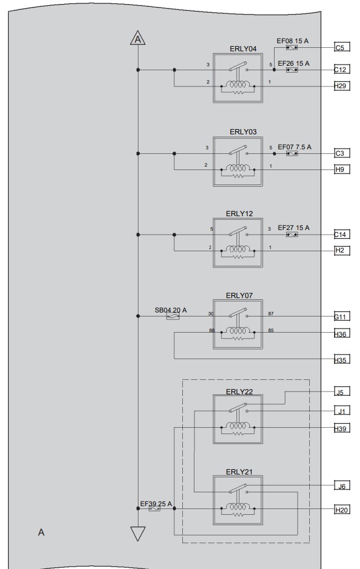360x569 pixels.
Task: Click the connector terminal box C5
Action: click(x=342, y=47)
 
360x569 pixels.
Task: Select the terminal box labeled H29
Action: click(x=342, y=86)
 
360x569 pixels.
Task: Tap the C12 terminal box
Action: click(x=342, y=69)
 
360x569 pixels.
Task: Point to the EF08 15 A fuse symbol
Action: click(x=292, y=47)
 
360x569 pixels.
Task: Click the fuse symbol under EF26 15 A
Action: click(x=292, y=70)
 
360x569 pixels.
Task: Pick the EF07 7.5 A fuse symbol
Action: click(x=292, y=153)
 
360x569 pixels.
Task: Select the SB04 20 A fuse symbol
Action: click(x=172, y=316)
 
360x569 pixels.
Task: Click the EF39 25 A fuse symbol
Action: click(x=155, y=509)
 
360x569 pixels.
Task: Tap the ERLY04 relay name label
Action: click(x=243, y=48)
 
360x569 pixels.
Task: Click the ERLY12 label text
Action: click(x=239, y=214)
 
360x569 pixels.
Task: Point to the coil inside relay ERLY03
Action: click(x=238, y=169)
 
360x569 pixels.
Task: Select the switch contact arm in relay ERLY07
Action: click(x=238, y=312)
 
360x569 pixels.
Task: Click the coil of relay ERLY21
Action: click(x=238, y=507)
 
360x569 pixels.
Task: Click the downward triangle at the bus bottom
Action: click(x=138, y=533)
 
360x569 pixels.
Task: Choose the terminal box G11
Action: click(x=342, y=316)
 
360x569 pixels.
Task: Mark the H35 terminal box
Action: click(x=342, y=360)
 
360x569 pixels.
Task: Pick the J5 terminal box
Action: click(x=342, y=392)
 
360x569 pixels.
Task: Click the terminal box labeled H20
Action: click(x=342, y=510)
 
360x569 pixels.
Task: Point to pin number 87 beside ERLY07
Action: click(x=271, y=314)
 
